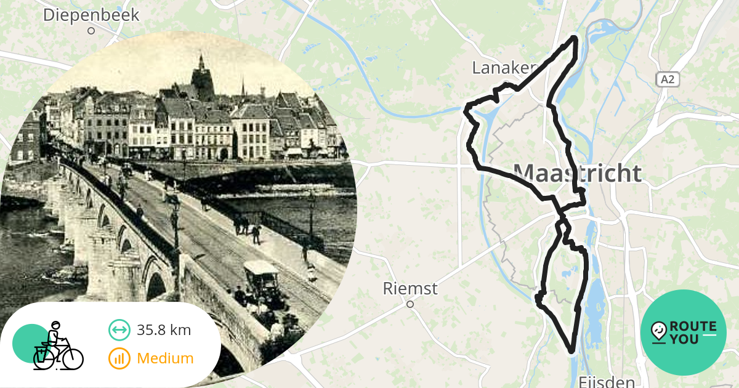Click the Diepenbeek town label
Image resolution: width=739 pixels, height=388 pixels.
pos(91,15)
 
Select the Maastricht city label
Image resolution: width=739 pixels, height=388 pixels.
pos(577,174)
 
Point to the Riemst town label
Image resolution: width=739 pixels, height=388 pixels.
pos(410,288)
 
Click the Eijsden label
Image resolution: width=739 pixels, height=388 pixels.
pos(607,382)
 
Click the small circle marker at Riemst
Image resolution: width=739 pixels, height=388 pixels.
pos(410,304)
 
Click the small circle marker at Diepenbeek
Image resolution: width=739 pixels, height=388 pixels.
pos(91,30)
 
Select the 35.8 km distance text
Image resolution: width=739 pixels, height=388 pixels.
pos(164,330)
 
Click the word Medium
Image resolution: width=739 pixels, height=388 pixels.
pos(165,358)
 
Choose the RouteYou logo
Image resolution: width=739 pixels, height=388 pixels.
pos(684,333)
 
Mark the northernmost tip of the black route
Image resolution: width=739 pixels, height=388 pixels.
pos(575,38)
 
